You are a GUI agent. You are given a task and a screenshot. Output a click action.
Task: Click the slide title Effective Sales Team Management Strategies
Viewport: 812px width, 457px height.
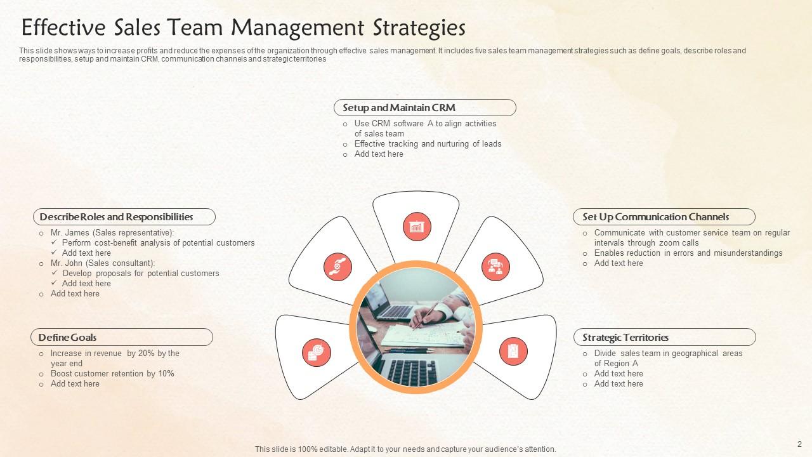243,28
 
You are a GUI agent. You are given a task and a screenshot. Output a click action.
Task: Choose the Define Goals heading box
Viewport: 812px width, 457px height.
121,338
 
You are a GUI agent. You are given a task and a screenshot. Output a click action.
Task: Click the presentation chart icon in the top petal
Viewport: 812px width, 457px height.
417,227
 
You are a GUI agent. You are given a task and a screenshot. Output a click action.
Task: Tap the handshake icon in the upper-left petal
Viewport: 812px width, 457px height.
337,267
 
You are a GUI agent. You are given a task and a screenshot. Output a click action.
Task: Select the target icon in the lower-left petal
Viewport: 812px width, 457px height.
316,352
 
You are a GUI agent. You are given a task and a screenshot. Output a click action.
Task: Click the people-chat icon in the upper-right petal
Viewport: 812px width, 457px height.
495,267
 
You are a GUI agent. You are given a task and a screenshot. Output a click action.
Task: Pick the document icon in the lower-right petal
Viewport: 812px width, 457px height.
513,351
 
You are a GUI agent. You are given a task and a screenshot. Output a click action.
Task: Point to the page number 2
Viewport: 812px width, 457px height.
799,444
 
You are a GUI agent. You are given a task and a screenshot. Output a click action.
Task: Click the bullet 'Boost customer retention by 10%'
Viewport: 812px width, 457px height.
112,374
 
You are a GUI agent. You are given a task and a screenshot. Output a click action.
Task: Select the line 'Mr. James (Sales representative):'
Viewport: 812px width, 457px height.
112,233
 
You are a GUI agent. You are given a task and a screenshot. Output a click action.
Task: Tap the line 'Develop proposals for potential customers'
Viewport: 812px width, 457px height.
141,274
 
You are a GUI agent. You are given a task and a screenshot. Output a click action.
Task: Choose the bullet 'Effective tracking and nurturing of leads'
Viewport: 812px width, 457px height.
428,144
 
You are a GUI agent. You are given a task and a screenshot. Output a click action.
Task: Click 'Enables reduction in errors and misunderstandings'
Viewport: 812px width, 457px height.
688,253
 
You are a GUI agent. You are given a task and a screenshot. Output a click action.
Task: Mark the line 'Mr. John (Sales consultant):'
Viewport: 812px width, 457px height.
103,263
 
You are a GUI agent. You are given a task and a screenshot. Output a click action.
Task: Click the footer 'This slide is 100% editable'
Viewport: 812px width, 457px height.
405,449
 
